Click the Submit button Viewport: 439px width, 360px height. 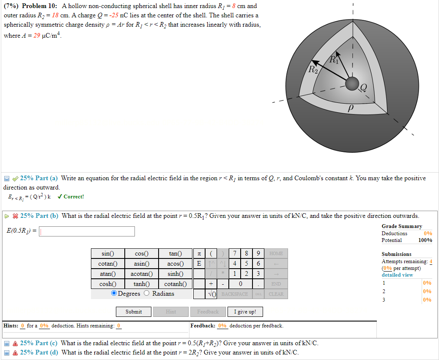coord(134,312)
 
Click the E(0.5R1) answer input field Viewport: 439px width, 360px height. coord(87,231)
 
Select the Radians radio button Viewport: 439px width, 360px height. coord(147,293)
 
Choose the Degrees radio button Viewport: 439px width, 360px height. coord(114,293)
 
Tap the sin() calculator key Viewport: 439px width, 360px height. coord(108,253)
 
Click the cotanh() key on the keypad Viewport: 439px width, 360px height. coord(176,284)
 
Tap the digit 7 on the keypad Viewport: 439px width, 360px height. coord(235,253)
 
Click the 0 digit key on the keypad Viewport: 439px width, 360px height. coord(240,284)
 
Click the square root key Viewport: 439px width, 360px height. coord(212,294)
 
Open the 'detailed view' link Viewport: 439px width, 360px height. coord(397,275)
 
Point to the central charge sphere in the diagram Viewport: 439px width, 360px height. coord(352,84)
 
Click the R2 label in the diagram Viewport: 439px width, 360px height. coord(313,69)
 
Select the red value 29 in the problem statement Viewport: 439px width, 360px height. coord(36,36)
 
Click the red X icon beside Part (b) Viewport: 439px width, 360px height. coord(15,216)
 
